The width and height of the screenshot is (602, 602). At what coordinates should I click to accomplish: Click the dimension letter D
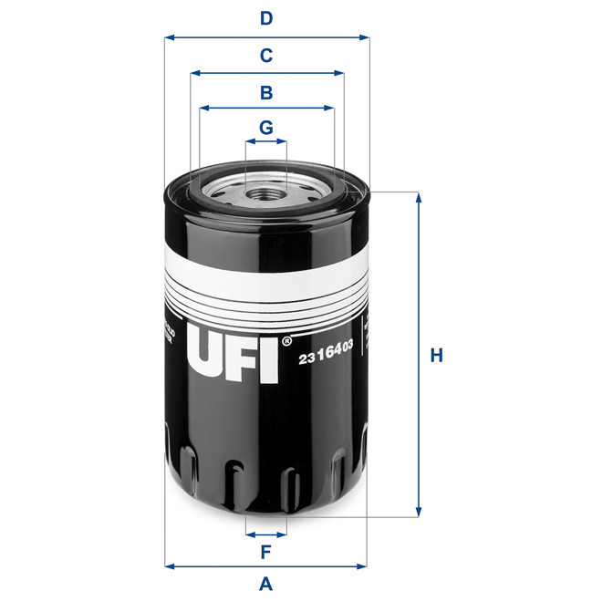266,17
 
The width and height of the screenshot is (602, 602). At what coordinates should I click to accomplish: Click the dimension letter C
266,56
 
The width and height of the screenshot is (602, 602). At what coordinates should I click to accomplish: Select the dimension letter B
266,92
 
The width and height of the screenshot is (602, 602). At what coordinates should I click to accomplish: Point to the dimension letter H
437,355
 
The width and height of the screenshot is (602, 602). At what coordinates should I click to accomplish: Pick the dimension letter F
266,551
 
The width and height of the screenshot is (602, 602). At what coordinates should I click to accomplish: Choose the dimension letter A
266,584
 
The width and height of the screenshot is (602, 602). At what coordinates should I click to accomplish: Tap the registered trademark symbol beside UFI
287,340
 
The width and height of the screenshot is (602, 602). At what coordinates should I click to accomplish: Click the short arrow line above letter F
266,533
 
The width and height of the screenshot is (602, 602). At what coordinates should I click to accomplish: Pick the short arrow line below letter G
266,142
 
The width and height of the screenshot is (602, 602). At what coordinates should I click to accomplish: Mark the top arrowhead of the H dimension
420,197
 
